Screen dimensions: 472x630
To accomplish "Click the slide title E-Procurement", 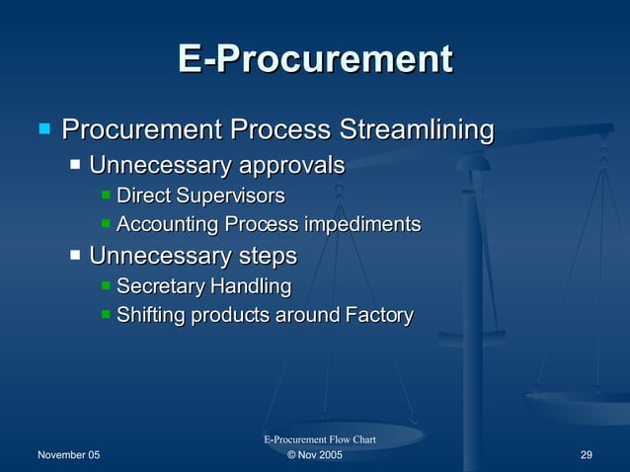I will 315,59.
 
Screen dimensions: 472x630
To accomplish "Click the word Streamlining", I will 416,129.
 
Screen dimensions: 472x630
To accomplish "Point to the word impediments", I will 361,225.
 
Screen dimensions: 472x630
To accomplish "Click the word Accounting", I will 168,225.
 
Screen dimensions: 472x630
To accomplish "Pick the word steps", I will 268,257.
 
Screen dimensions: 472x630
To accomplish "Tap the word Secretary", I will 158,287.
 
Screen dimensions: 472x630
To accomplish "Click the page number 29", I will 586,455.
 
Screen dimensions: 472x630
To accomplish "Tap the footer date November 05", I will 68,455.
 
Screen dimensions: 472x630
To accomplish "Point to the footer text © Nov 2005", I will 315,455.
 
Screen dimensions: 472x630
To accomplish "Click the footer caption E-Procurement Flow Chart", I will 319,438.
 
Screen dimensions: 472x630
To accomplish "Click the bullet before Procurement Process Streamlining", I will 43,128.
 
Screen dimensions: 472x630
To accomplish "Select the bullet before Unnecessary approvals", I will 75,164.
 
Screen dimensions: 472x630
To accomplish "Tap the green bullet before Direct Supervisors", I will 107,196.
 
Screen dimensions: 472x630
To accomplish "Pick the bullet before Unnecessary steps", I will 75,257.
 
